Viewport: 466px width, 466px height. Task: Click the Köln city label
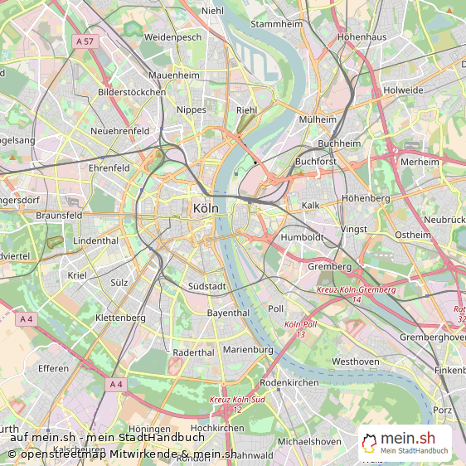(205, 209)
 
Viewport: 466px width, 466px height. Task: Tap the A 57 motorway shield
(84, 41)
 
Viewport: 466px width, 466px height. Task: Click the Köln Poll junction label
(300, 329)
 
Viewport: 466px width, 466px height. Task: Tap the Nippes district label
(192, 109)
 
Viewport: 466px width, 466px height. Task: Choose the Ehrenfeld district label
(109, 167)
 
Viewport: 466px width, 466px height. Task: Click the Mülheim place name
(318, 119)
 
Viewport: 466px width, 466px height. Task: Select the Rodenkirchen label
(289, 382)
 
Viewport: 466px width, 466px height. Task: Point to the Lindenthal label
(96, 240)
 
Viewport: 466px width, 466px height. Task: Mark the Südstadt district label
(206, 286)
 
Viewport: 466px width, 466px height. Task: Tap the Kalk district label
(310, 205)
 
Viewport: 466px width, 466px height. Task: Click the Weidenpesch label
(172, 37)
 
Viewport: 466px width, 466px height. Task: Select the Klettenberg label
(120, 318)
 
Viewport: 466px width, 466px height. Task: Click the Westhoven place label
(355, 362)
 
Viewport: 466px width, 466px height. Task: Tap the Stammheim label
(276, 24)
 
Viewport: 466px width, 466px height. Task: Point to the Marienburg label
(248, 350)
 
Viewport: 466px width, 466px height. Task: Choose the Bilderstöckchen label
(132, 92)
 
